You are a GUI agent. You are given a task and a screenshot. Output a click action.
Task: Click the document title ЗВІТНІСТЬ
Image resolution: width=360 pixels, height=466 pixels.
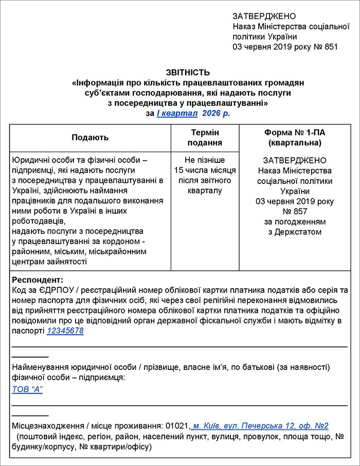pyautogui.click(x=188, y=72)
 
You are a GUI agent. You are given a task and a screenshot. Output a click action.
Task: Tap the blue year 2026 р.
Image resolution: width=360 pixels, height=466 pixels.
pyautogui.click(x=216, y=113)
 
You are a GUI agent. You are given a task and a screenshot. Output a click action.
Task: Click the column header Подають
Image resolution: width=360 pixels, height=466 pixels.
pyautogui.click(x=90, y=138)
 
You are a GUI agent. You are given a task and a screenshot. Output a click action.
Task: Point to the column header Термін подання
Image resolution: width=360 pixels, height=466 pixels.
pyautogui.click(x=205, y=138)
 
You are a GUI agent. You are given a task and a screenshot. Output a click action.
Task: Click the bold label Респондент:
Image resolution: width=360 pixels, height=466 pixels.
pyautogui.click(x=37, y=281)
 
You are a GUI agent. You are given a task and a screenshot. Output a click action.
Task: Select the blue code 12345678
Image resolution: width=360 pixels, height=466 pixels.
pyautogui.click(x=65, y=331)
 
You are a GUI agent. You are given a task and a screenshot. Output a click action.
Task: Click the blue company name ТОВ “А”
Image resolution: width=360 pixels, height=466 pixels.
pyautogui.click(x=27, y=389)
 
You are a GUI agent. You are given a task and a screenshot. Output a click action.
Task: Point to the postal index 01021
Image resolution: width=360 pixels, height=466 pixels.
pyautogui.click(x=177, y=426)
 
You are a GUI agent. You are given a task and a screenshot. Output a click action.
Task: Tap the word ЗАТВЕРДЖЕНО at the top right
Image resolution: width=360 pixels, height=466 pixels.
pyautogui.click(x=264, y=16)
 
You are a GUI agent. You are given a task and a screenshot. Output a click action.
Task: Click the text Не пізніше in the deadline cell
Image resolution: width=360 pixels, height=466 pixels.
pyautogui.click(x=205, y=160)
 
